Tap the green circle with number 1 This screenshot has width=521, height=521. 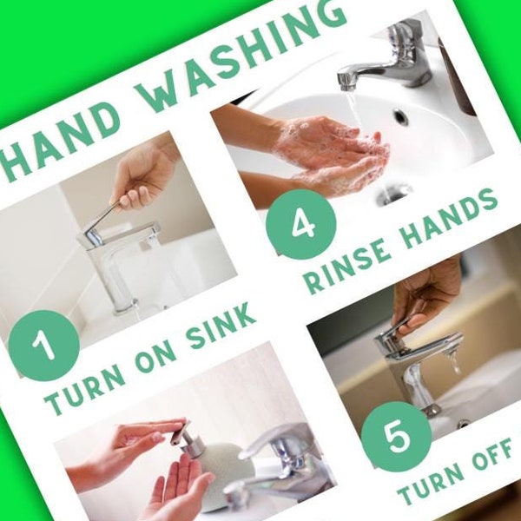point(44,345)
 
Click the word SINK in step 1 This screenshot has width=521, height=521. point(221,327)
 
